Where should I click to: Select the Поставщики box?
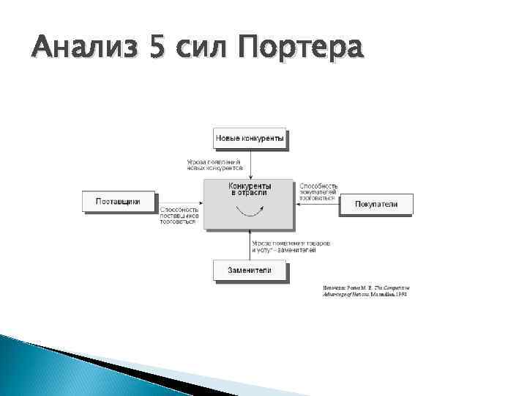point(119,201)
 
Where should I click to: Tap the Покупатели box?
point(375,204)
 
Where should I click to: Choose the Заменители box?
point(250,270)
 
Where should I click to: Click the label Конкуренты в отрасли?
point(250,189)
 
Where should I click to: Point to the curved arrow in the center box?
point(250,211)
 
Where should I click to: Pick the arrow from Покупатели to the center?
point(318,204)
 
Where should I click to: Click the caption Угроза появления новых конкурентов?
point(215,165)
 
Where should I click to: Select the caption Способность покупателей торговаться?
point(318,191)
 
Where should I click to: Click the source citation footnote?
point(365,291)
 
